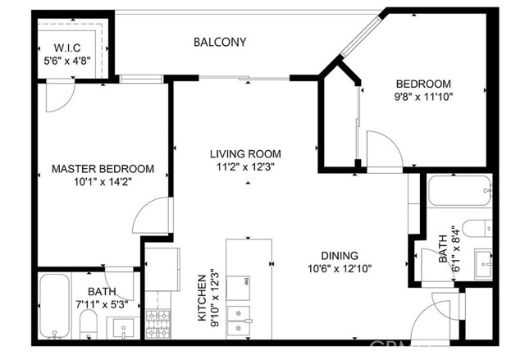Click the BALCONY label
click(x=220, y=42)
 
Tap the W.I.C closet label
click(x=67, y=48)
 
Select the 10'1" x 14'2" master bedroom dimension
click(x=103, y=182)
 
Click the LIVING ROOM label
click(x=245, y=154)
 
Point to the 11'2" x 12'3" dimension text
click(x=245, y=166)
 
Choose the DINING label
click(x=340, y=256)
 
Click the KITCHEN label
click(x=202, y=298)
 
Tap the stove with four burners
click(x=158, y=324)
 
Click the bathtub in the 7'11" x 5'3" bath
click(x=55, y=306)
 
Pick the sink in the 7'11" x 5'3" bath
click(x=123, y=327)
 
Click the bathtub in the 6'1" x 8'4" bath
click(x=459, y=190)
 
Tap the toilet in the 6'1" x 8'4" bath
click(x=477, y=229)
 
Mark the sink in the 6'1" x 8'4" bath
click(x=483, y=263)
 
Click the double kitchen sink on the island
click(x=239, y=321)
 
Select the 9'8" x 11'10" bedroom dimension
click(x=423, y=97)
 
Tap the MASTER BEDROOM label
click(x=103, y=169)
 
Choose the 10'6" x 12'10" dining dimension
click(x=340, y=269)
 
